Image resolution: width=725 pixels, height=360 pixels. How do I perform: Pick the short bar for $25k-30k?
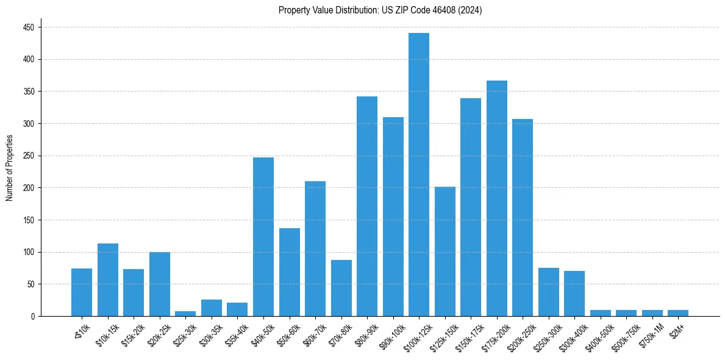[185, 314]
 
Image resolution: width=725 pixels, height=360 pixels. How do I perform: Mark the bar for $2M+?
[677, 313]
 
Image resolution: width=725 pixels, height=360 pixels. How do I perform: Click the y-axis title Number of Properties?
[9, 168]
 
